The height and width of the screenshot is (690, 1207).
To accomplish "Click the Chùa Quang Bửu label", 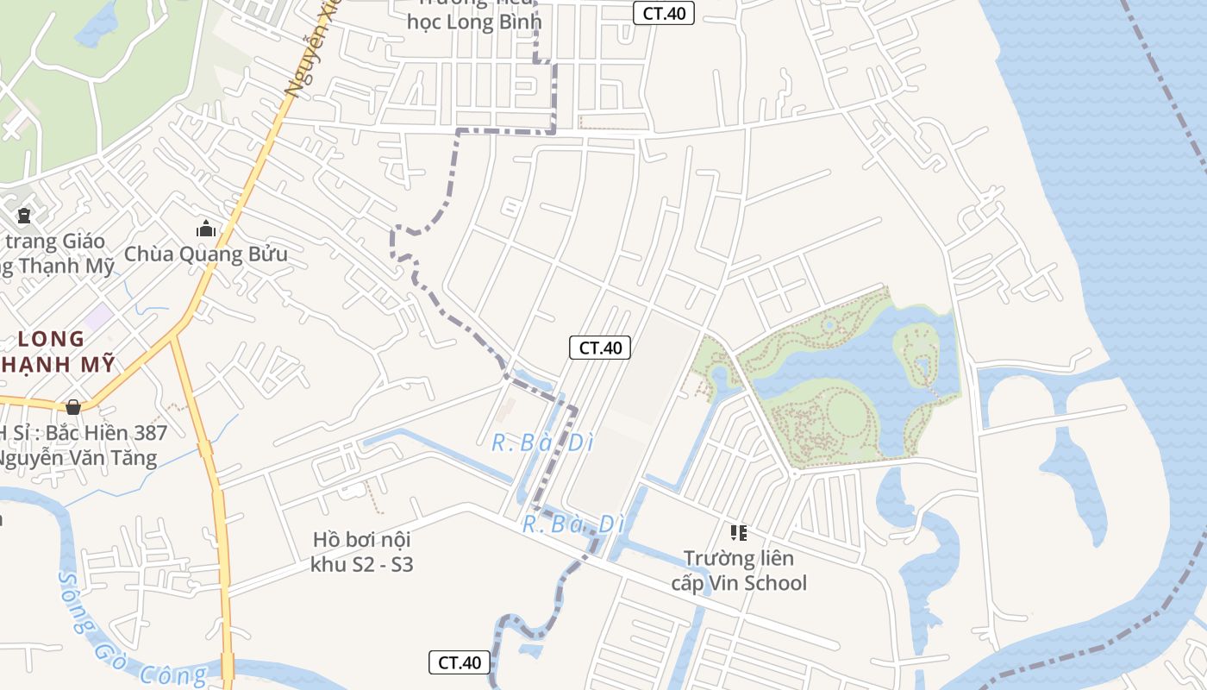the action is [206, 254].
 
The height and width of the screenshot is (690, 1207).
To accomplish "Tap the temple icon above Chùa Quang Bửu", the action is [205, 229].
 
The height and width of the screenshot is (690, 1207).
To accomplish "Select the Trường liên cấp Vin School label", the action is [739, 571].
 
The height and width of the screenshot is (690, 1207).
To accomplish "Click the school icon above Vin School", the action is [738, 533].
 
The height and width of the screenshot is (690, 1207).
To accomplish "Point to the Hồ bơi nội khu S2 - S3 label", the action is [362, 552].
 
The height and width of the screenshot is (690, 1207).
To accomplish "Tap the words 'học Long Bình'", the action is [474, 22].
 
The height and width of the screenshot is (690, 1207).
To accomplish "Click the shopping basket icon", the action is [74, 406].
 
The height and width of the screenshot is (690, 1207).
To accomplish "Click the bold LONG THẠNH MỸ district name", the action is [57, 351].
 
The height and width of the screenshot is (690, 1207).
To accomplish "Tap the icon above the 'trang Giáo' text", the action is [24, 216].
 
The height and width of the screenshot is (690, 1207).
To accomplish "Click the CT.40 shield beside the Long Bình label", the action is [664, 13].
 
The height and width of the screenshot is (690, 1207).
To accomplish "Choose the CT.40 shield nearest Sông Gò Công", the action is [460, 662].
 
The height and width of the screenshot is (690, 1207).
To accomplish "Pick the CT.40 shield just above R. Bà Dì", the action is [600, 348].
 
